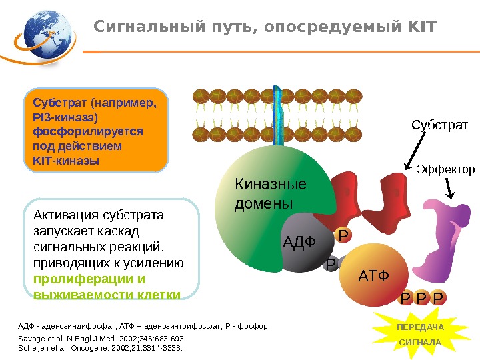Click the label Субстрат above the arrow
click(439, 125)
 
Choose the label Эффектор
click(446, 169)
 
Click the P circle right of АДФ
click(343, 235)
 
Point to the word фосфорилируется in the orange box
click(87, 132)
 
